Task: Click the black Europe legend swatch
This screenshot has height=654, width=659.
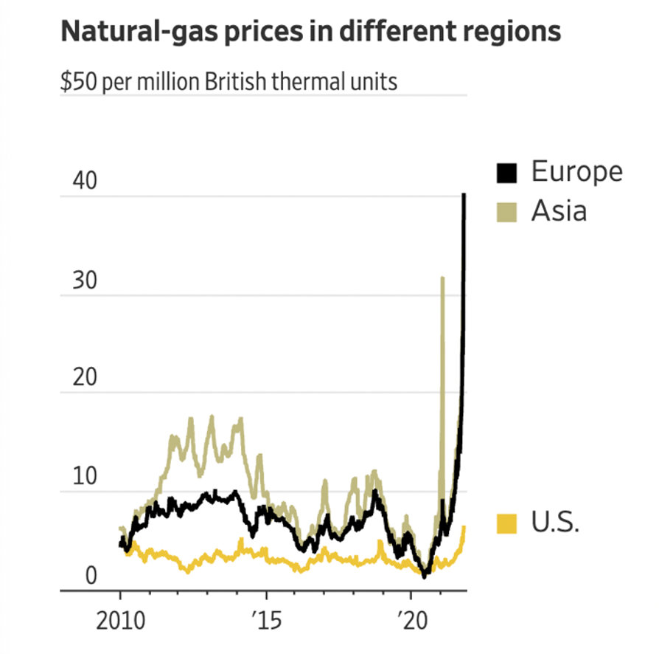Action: pos(506,173)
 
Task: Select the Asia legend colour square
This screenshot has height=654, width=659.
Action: pos(506,213)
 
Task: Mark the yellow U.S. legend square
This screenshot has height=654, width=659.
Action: pos(506,524)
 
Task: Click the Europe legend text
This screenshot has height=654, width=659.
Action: pos(576,172)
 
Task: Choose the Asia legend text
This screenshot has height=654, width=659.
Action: pos(559,212)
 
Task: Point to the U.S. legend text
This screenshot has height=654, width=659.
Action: pos(556,523)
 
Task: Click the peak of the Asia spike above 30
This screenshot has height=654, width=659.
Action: pos(442,278)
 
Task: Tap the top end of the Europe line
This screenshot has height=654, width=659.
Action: pos(464,194)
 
